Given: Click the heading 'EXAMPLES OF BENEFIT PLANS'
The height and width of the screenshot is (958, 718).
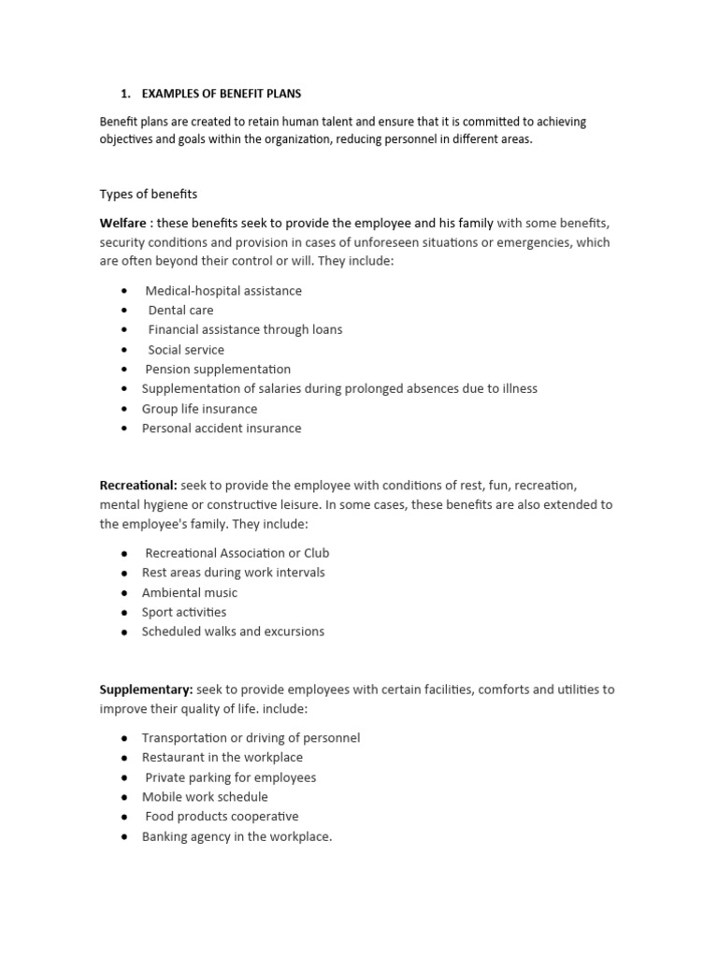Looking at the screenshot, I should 222,94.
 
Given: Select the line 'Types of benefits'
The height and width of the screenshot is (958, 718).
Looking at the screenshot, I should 149,194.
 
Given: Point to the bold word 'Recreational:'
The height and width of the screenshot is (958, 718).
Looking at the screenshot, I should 138,485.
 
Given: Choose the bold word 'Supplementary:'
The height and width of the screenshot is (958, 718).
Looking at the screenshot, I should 146,689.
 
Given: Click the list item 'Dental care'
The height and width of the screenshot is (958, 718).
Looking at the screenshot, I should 180,310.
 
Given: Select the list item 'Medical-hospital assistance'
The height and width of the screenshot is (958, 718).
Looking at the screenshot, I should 223,290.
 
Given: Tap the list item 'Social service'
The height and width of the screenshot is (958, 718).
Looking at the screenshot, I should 186,349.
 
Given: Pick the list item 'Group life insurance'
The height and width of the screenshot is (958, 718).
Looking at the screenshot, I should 199,409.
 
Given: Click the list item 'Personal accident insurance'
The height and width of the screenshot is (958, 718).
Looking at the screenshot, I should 222,428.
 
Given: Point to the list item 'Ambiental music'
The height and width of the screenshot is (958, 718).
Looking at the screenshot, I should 190,592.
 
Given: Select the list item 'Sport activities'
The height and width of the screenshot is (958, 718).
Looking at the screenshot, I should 184,612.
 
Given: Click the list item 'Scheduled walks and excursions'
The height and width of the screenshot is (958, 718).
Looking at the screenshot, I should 233,631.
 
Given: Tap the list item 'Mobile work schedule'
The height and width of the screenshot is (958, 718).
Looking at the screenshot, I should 205,797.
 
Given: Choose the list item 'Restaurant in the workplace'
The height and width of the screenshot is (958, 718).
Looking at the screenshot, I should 223,757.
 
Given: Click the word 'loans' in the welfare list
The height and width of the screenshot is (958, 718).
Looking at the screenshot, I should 324,329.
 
